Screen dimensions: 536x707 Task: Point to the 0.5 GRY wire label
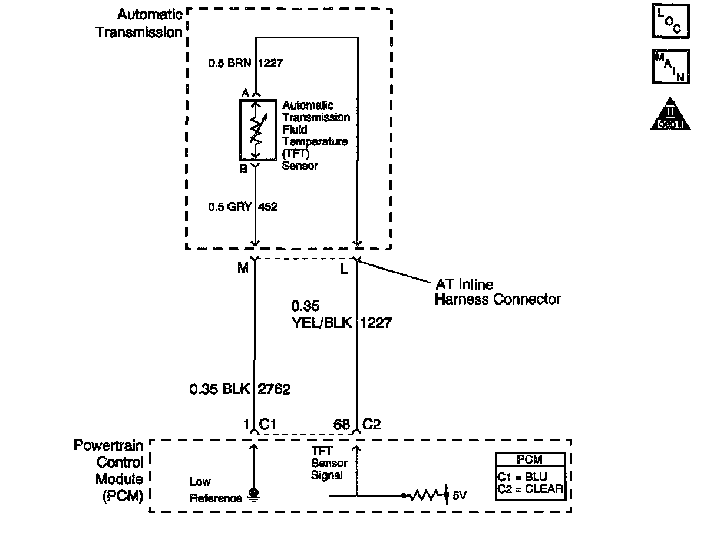[x=229, y=207]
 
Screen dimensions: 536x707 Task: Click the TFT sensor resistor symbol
[x=256, y=130]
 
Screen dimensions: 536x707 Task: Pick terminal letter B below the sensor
[x=243, y=170]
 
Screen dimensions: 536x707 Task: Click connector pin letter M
[x=243, y=268]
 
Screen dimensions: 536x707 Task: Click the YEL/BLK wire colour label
[x=322, y=323]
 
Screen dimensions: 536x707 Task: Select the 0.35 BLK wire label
[x=220, y=389]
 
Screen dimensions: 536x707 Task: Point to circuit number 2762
[x=275, y=389]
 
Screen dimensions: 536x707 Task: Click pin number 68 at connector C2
[x=341, y=425]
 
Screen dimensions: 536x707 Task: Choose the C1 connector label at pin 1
[x=268, y=424]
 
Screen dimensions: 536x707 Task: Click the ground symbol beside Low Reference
[x=254, y=494]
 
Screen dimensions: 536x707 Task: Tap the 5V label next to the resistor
[x=460, y=495]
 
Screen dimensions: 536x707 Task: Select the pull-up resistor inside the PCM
[x=424, y=495]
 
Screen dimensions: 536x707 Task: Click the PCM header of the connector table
[x=530, y=460]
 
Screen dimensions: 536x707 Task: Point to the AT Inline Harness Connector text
[x=498, y=292]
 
